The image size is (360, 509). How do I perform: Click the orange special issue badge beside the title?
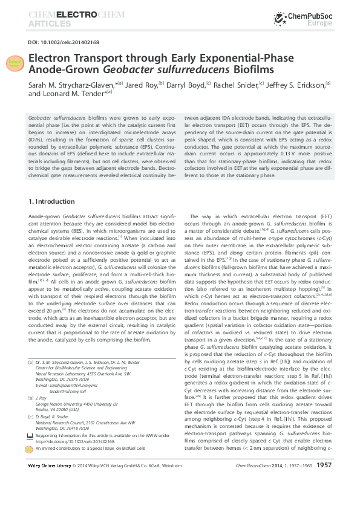(14, 63)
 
